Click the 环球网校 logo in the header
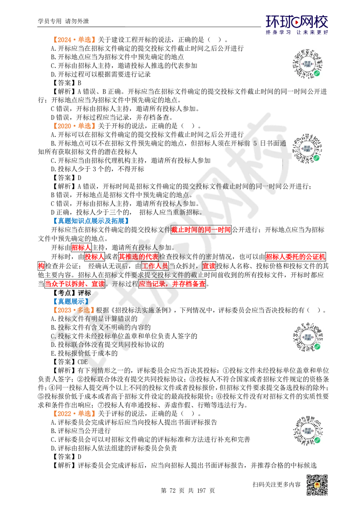[297, 24]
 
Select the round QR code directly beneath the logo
[308, 63]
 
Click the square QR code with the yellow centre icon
[317, 485]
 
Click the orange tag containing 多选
[73, 310]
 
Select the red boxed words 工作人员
[155, 266]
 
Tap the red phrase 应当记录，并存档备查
[172, 284]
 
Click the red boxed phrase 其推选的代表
[139, 257]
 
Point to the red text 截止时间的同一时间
[201, 230]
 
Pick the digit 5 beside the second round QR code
[255, 143]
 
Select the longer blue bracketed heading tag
[90, 220]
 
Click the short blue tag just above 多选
[70, 301]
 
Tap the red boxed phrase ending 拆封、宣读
[75, 284]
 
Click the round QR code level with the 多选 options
[308, 337]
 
